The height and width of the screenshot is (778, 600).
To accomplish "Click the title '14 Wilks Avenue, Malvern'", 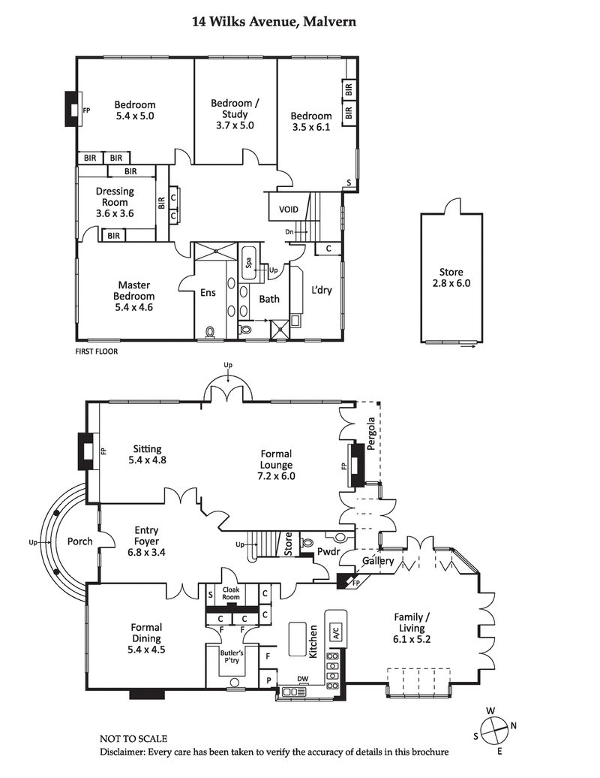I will (x=274, y=23).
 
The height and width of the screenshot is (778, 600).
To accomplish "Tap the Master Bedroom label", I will (x=134, y=296).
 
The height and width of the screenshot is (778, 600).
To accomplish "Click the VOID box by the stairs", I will (x=289, y=210).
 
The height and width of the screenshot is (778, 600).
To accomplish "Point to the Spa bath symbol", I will (x=248, y=263).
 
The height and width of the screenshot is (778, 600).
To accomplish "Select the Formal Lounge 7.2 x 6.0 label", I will (x=277, y=464).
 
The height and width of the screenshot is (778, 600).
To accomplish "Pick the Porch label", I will (x=79, y=541).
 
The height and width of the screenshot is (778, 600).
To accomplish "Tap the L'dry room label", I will (x=322, y=291).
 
